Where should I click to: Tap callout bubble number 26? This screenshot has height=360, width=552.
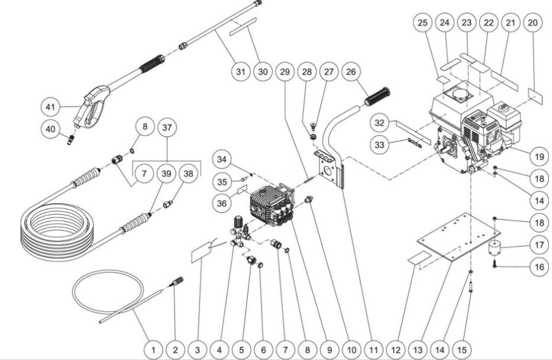[x=350, y=72]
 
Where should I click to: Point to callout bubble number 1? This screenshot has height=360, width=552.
[x=153, y=349]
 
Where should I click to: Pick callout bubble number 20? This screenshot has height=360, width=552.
[x=532, y=23]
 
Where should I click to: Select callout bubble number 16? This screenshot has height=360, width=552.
[x=538, y=267]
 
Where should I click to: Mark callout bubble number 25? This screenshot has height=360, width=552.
[x=422, y=23]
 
